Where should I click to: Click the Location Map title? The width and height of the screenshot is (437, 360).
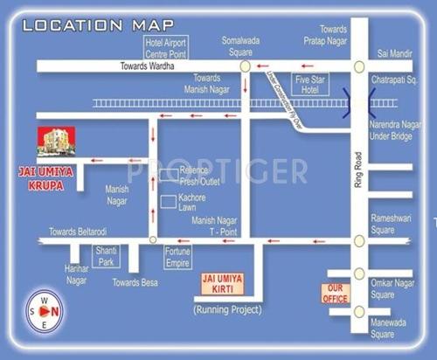pyautogui.click(x=97, y=24)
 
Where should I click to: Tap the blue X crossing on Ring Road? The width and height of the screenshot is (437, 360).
pyautogui.click(x=358, y=103)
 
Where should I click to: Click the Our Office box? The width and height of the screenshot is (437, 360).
pyautogui.click(x=336, y=294)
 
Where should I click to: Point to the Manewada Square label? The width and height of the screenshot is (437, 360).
pyautogui.click(x=394, y=328)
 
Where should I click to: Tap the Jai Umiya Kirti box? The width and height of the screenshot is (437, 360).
pyautogui.click(x=221, y=283)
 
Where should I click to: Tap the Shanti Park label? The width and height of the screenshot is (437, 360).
pyautogui.click(x=105, y=256)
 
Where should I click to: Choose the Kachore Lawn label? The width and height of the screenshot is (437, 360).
pyautogui.click(x=197, y=204)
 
